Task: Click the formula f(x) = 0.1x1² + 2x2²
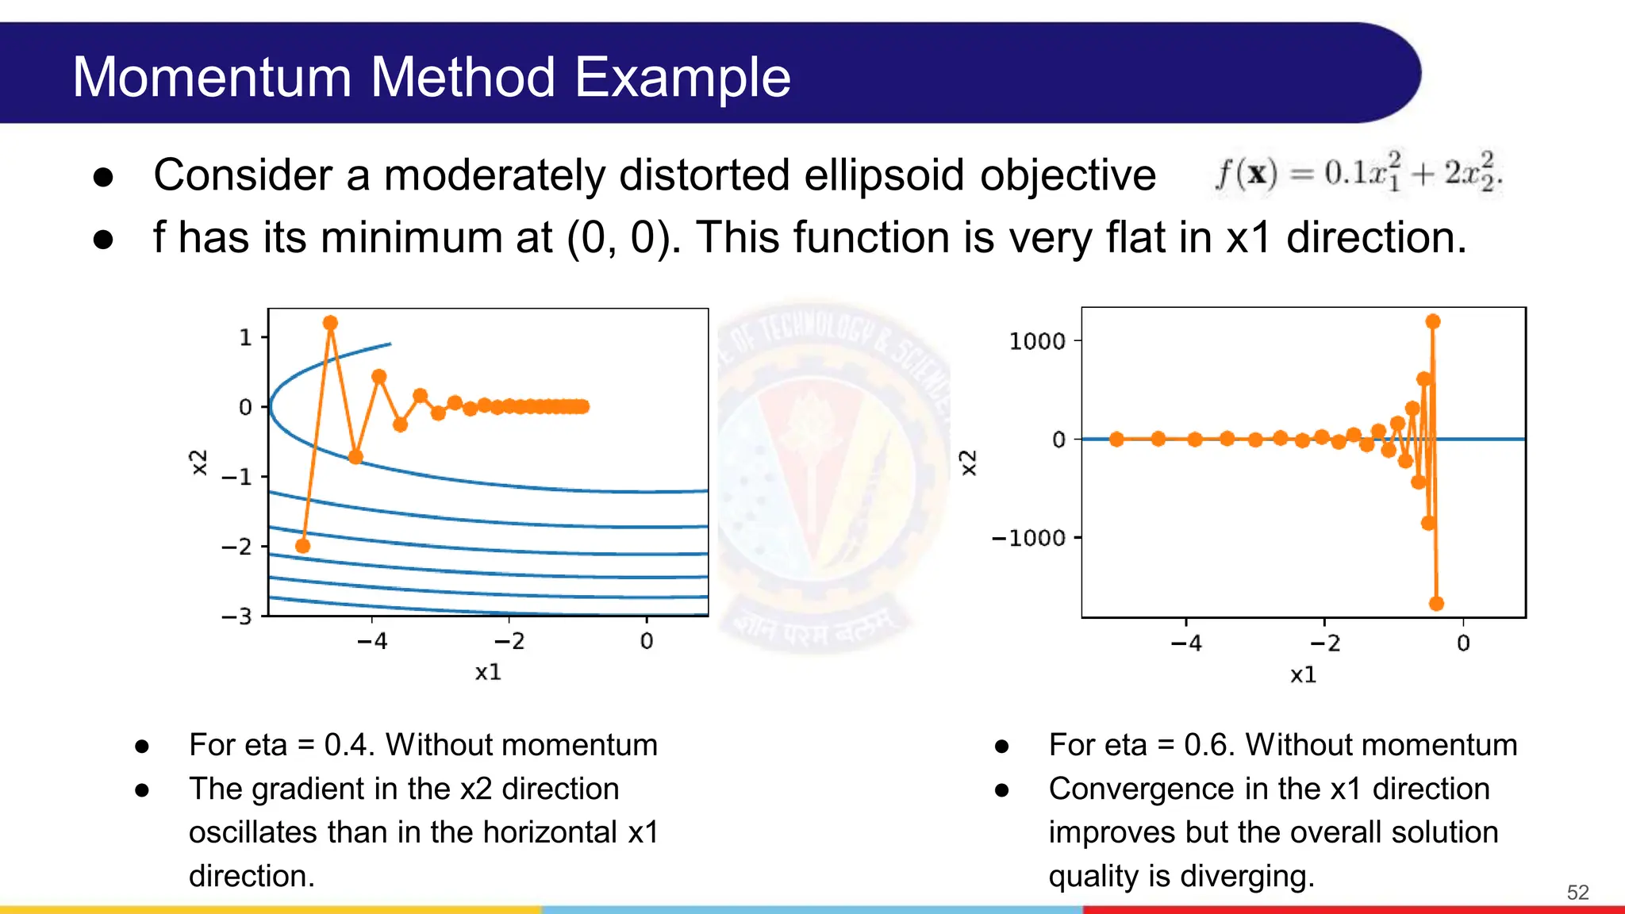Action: (x=1358, y=173)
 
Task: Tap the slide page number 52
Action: (x=1577, y=893)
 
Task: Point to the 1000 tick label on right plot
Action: (x=1036, y=341)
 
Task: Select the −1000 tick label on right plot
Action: (x=1028, y=538)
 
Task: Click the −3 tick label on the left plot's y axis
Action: (x=236, y=616)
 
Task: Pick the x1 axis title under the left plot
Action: (x=488, y=672)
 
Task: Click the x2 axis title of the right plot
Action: (x=968, y=463)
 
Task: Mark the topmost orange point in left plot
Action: (x=331, y=323)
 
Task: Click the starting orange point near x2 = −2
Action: (x=302, y=546)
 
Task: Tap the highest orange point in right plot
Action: (x=1433, y=321)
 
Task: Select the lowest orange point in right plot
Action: (x=1436, y=604)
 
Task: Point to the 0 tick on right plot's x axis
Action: (x=1463, y=643)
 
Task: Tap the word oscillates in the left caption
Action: (x=253, y=832)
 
